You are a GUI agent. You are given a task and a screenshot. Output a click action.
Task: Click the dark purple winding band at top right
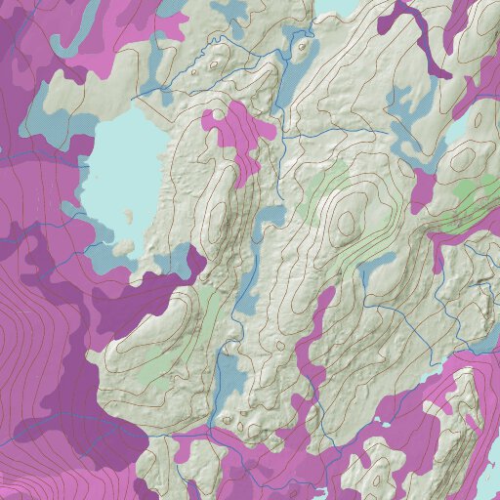coord(420,39)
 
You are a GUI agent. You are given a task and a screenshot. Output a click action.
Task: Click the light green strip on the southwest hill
coord(210,312)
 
